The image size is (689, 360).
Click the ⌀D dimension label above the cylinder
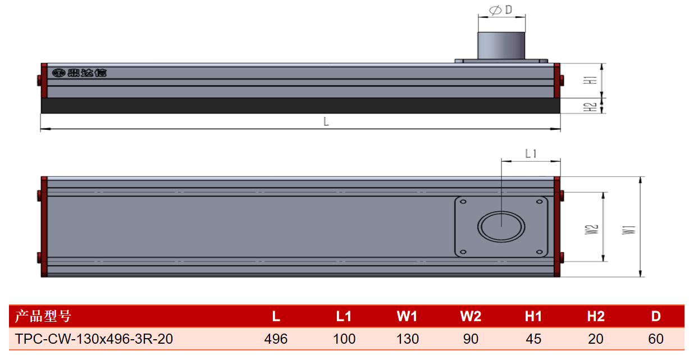[x=500, y=10]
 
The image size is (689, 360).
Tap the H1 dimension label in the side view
[x=590, y=80]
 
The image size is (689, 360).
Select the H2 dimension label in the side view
[x=590, y=107]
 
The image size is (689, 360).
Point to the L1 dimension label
[x=531, y=153]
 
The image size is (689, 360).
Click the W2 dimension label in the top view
[x=591, y=229]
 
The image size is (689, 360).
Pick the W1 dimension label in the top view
[x=629, y=230]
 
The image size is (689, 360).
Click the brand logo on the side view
[x=79, y=73]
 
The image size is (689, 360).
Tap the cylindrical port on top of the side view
[x=501, y=45]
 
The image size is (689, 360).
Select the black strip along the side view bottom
[x=300, y=106]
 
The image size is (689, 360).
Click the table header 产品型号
[x=43, y=316]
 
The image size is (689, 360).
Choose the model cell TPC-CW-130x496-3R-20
[x=94, y=339]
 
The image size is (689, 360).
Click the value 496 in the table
[x=276, y=339]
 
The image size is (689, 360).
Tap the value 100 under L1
[x=344, y=339]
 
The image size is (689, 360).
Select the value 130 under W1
[x=408, y=339]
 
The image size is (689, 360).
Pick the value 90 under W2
[x=471, y=339]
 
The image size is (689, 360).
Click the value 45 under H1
[x=533, y=339]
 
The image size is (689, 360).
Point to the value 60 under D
[x=656, y=339]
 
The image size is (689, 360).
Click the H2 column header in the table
[x=596, y=316]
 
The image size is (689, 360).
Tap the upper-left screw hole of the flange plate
[x=463, y=202]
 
